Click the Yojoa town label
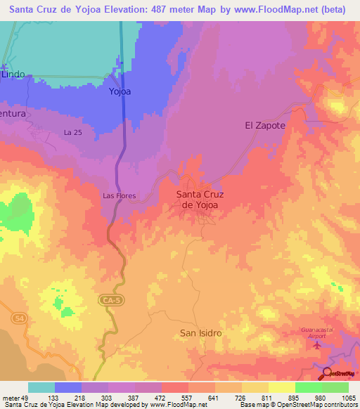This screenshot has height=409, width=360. (x=120, y=91)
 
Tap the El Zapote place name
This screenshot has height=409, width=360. (x=264, y=125)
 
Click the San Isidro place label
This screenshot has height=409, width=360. (x=201, y=332)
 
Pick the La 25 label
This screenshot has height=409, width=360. (x=73, y=132)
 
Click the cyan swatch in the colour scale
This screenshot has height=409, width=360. (x=41, y=387)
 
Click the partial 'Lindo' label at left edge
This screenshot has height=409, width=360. (x=13, y=73)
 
